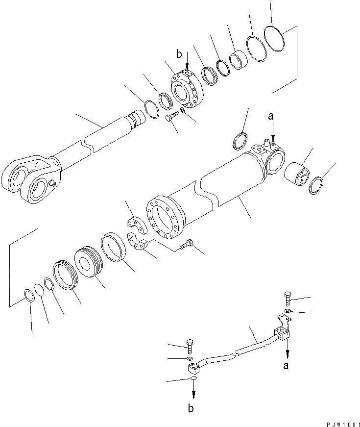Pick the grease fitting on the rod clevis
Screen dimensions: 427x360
[x=51, y=184]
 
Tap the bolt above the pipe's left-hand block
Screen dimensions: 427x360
[x=190, y=346]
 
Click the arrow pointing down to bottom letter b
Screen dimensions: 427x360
[x=194, y=390]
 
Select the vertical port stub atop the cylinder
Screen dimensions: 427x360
[x=267, y=143]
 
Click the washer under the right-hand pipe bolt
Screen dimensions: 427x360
[x=288, y=312]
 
